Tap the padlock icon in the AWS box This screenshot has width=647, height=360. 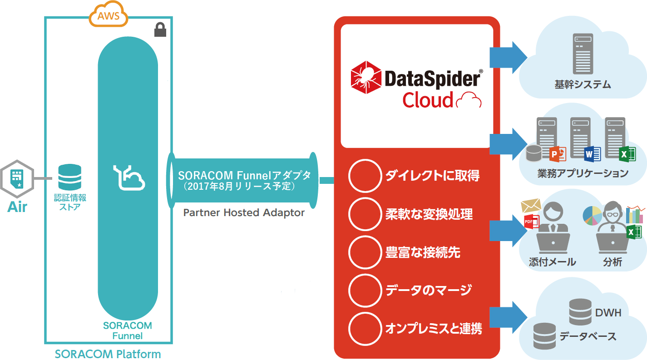(x=159, y=30)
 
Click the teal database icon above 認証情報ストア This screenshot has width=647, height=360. (x=70, y=178)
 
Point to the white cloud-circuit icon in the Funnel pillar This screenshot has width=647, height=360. (x=129, y=178)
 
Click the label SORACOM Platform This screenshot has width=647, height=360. (x=108, y=354)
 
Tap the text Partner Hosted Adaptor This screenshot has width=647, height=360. (x=244, y=212)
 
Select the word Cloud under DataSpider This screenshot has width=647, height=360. (x=428, y=100)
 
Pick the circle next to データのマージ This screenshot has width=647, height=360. (x=365, y=290)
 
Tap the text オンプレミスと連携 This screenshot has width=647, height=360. (x=434, y=328)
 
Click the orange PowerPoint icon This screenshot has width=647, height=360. (x=558, y=155)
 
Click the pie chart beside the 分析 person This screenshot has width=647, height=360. (x=593, y=215)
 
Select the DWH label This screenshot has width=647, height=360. (x=608, y=312)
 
